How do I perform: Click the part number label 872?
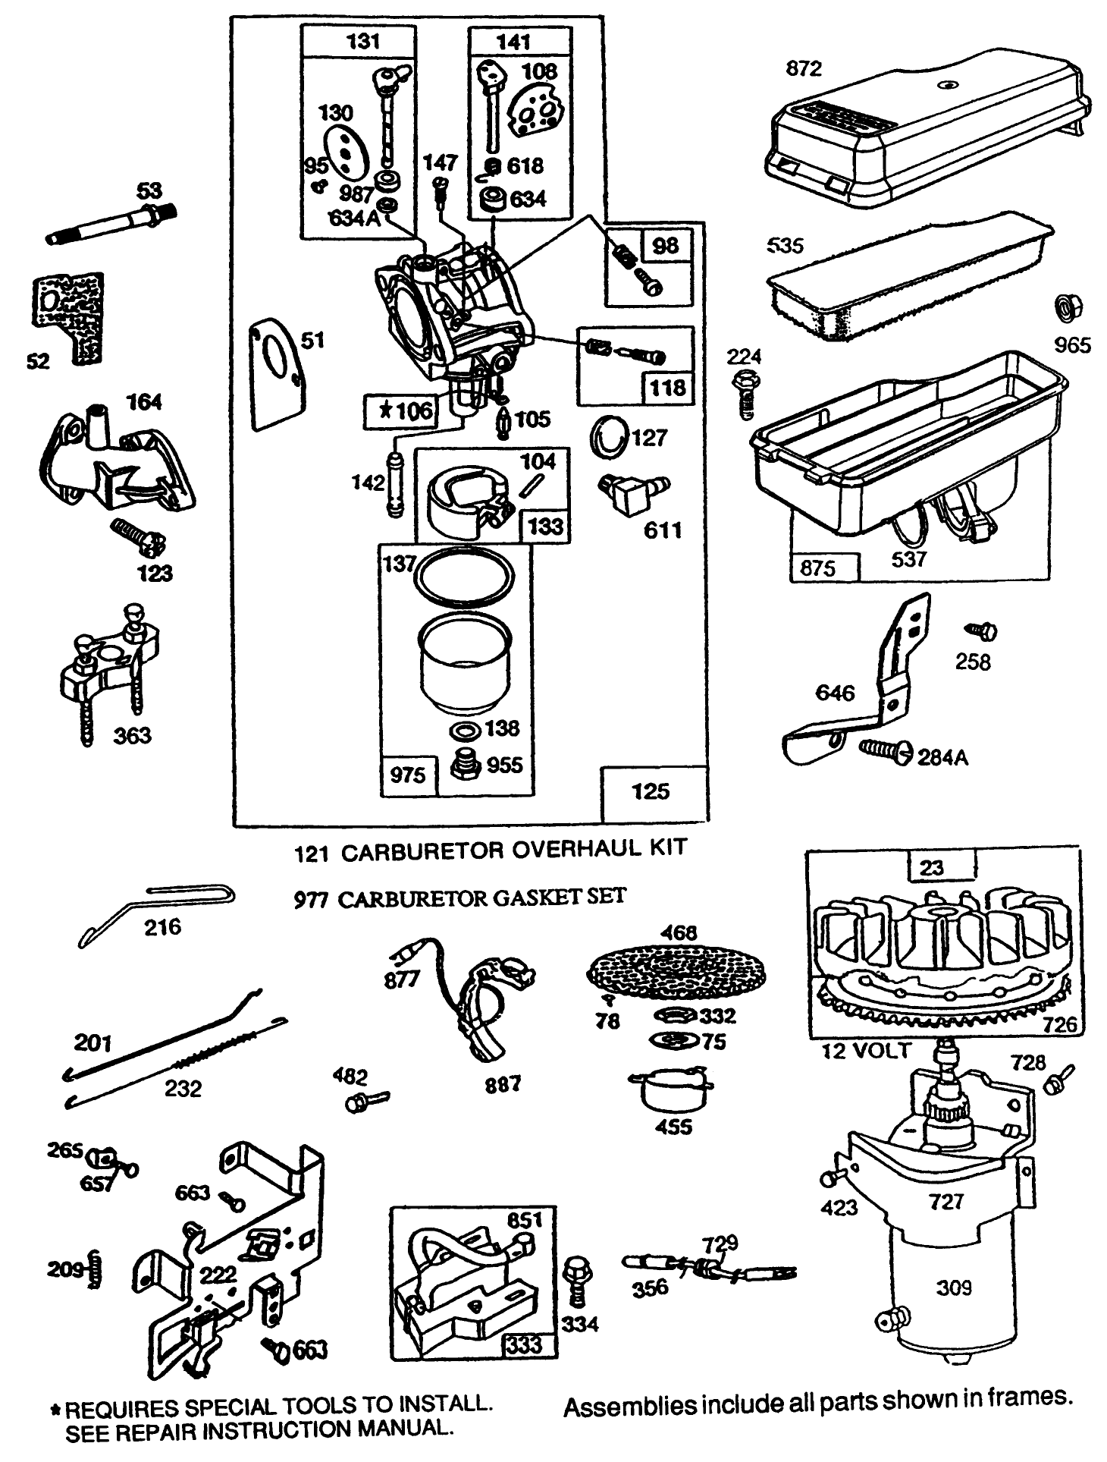(x=804, y=69)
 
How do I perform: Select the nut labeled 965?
(x=1069, y=309)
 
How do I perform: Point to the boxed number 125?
(x=651, y=791)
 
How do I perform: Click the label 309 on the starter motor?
(x=954, y=1288)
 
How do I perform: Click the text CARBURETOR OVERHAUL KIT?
(x=514, y=848)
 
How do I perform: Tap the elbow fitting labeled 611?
(x=629, y=493)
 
